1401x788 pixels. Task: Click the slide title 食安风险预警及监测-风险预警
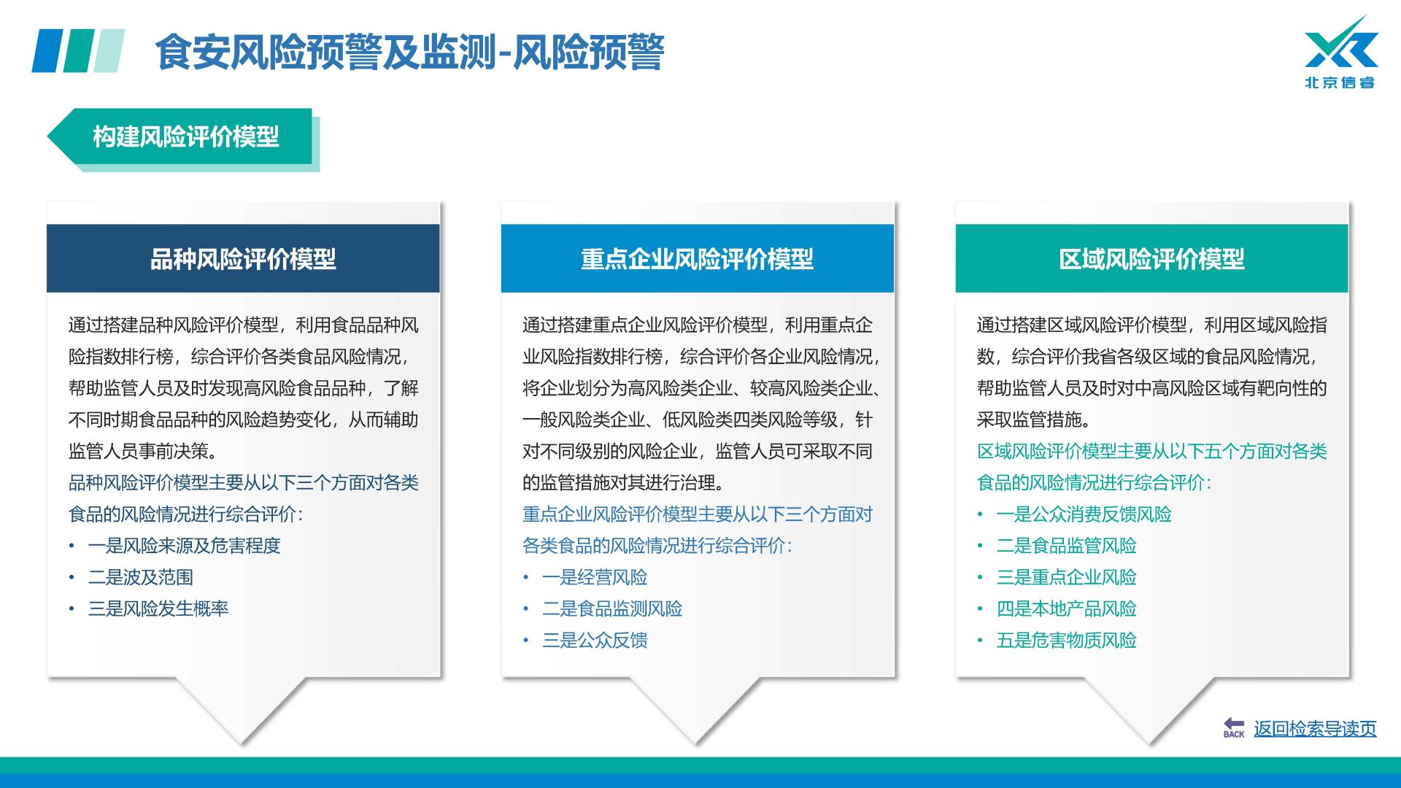click(409, 52)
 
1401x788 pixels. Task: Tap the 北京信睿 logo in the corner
click(1340, 52)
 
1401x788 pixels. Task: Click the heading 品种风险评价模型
click(243, 259)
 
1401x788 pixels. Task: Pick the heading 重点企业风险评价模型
click(697, 259)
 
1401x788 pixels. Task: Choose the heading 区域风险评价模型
click(1151, 259)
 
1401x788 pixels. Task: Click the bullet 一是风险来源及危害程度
click(185, 546)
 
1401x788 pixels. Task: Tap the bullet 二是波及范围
click(141, 577)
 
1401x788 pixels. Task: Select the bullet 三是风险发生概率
click(158, 609)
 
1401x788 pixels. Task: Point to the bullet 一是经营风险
click(595, 577)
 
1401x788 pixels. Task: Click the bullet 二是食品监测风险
click(612, 609)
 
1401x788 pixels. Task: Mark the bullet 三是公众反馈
click(595, 640)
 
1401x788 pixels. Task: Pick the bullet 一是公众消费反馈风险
click(1084, 514)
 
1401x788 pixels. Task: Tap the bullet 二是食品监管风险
click(1067, 546)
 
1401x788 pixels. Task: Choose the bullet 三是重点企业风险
click(1067, 577)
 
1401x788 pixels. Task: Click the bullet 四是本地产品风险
click(1067, 609)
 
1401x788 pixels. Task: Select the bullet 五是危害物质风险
click(1067, 640)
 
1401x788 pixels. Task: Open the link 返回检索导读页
click(1315, 729)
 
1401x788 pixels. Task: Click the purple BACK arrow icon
click(1234, 727)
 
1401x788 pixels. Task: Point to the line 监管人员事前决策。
click(143, 451)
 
